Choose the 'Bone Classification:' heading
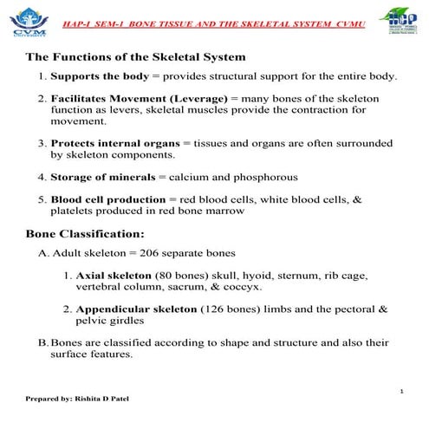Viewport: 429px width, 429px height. click(x=85, y=234)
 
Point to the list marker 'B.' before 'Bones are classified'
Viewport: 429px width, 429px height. click(x=43, y=343)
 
